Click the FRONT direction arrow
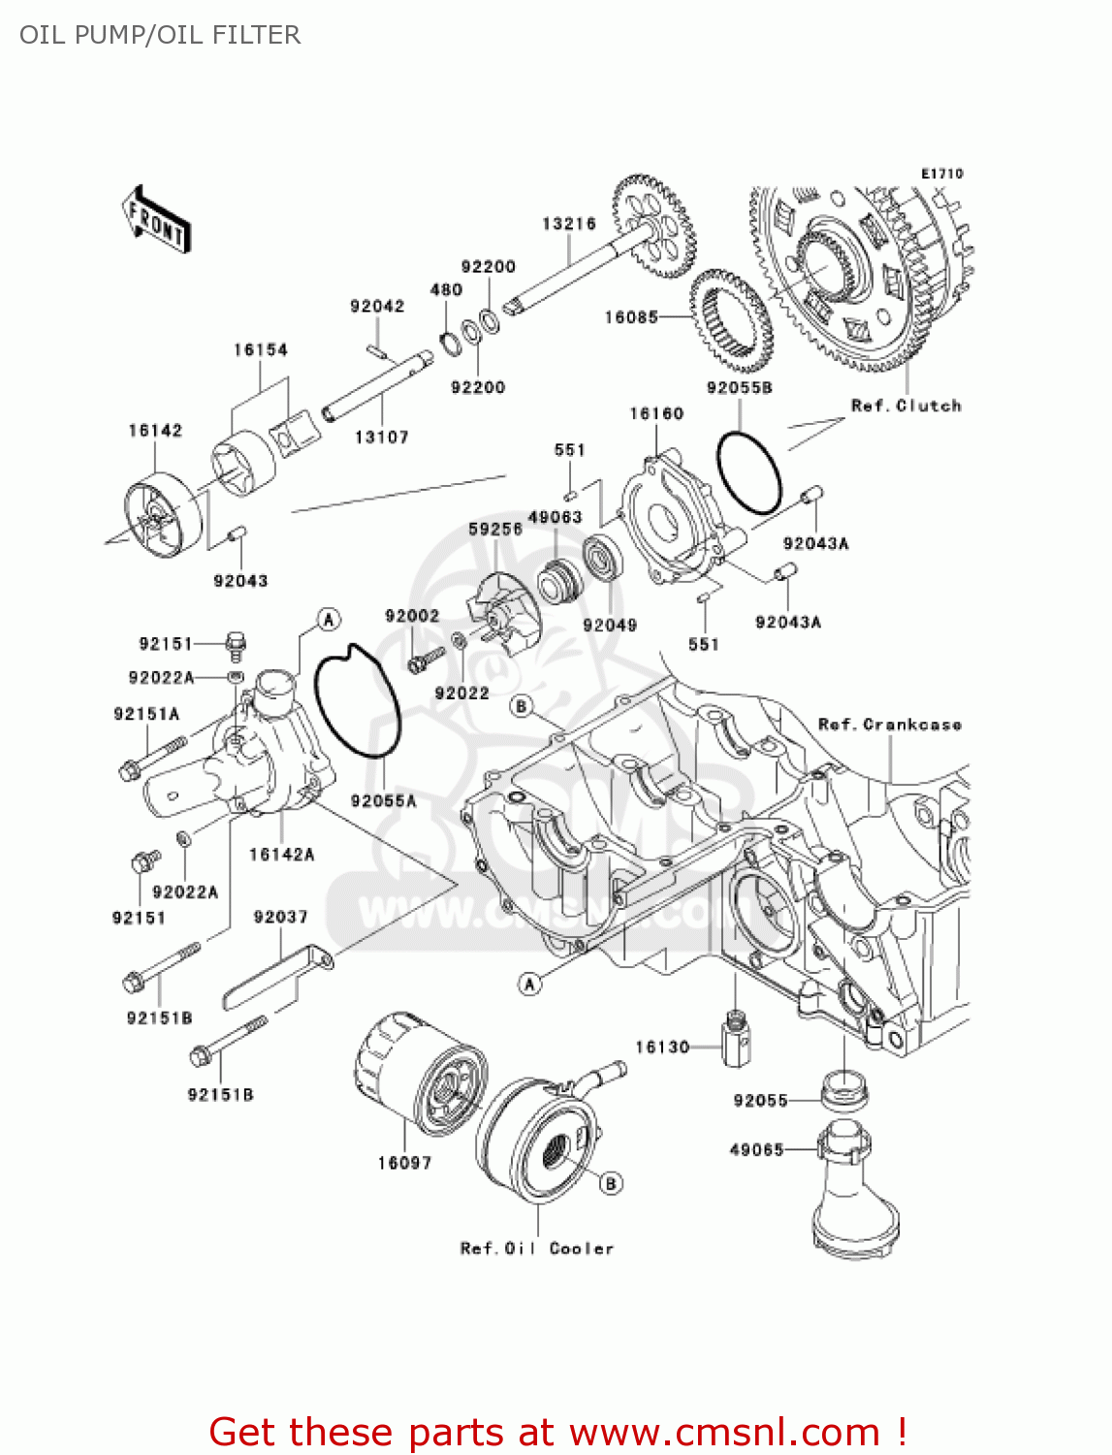click(x=156, y=220)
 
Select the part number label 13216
click(x=568, y=224)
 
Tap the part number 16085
click(x=631, y=317)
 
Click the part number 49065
click(x=756, y=1150)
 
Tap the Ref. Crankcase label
click(x=889, y=725)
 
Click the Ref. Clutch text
click(x=905, y=405)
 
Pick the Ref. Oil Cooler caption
click(x=537, y=1248)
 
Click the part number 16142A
click(x=281, y=855)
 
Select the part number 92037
click(x=280, y=917)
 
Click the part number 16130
click(x=662, y=1047)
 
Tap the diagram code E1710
click(x=941, y=174)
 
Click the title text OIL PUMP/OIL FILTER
click(x=160, y=35)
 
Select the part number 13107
click(x=381, y=437)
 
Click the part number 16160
click(x=656, y=414)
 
